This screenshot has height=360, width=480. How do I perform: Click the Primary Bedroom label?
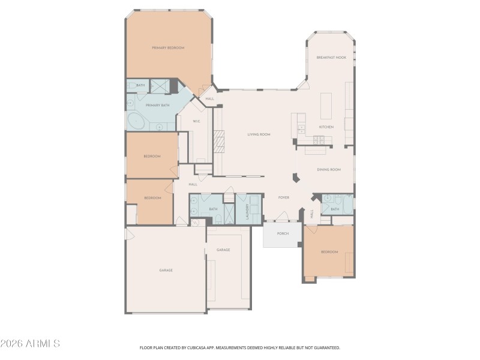tap(167, 47)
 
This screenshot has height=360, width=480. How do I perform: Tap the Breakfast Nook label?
tap(331, 58)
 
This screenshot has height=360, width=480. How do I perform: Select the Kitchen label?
tap(326, 127)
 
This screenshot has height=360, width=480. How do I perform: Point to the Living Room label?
tap(259, 134)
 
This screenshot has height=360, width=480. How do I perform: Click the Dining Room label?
tap(328, 170)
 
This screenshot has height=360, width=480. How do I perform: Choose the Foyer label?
tap(284, 197)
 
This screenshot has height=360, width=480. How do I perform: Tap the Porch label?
tap(283, 233)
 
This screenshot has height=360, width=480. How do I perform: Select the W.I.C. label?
tap(196, 122)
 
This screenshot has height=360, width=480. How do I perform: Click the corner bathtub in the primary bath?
tap(137, 121)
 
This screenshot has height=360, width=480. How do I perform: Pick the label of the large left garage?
tap(166, 270)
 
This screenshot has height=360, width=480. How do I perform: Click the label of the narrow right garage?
tap(223, 250)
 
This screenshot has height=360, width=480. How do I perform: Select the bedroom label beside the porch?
tap(329, 252)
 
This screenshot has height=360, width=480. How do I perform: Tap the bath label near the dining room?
tap(335, 209)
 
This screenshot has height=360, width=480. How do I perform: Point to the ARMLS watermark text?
tap(30, 344)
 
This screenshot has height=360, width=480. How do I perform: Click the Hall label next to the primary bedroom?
tap(209, 98)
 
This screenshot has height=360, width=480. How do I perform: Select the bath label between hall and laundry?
tap(212, 209)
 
